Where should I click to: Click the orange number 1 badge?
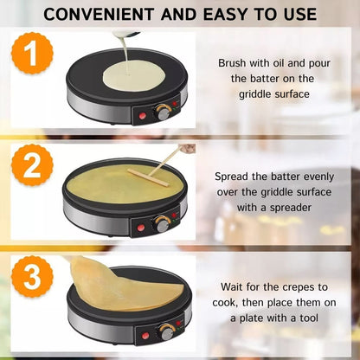[33, 59]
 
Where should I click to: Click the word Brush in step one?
[232, 63]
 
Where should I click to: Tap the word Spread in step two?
[234, 176]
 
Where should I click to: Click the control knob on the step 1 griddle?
[161, 113]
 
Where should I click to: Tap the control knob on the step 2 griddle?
[161, 224]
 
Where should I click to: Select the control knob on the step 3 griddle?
[166, 332]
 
